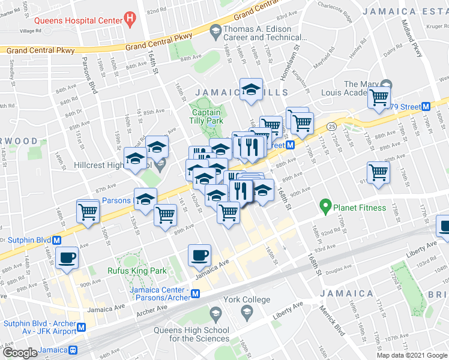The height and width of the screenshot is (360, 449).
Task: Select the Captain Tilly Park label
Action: (x=206, y=116)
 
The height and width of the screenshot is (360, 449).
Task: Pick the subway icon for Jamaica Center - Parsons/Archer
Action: (x=203, y=293)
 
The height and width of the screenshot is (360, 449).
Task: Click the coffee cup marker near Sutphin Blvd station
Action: (x=66, y=258)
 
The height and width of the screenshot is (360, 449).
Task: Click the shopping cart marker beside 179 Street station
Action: (x=380, y=97)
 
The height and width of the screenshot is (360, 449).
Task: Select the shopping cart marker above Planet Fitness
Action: (x=378, y=173)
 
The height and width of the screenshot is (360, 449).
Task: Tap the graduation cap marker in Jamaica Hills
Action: (x=251, y=90)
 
